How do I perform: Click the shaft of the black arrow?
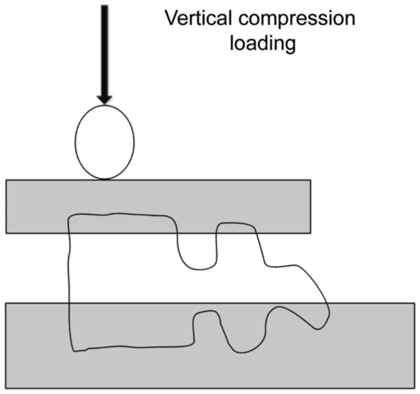point(104,50)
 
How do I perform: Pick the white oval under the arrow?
point(104,142)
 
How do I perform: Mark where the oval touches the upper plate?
point(104,179)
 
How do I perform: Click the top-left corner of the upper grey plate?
point(6,180)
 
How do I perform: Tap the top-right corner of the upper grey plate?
point(310,180)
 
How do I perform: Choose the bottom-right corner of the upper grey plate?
point(310,233)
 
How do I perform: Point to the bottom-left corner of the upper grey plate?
point(6,233)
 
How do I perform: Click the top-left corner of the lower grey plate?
point(6,303)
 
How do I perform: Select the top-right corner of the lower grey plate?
point(415,303)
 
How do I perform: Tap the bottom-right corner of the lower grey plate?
point(415,388)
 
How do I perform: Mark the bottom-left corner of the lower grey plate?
point(6,388)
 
